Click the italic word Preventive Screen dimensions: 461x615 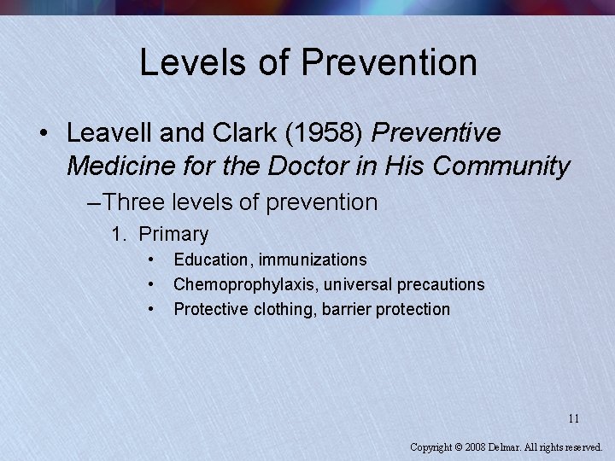(436, 133)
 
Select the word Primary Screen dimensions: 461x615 (173, 234)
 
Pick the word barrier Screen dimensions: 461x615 (348, 309)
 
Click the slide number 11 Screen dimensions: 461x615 (574, 418)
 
